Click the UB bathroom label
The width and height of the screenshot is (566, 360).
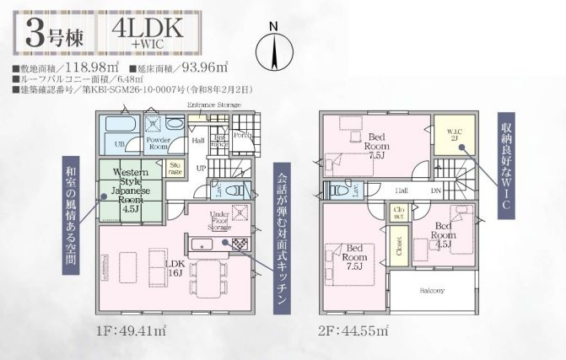coord(120,145)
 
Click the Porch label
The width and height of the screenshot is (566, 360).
coord(242,135)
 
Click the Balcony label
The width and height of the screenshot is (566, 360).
coord(432,292)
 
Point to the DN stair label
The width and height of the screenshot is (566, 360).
coord(435,191)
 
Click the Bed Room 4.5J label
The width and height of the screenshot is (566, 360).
coord(447,233)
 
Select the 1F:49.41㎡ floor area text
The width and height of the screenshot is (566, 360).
coord(130,330)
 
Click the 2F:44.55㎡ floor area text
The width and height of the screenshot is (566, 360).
coord(353,330)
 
